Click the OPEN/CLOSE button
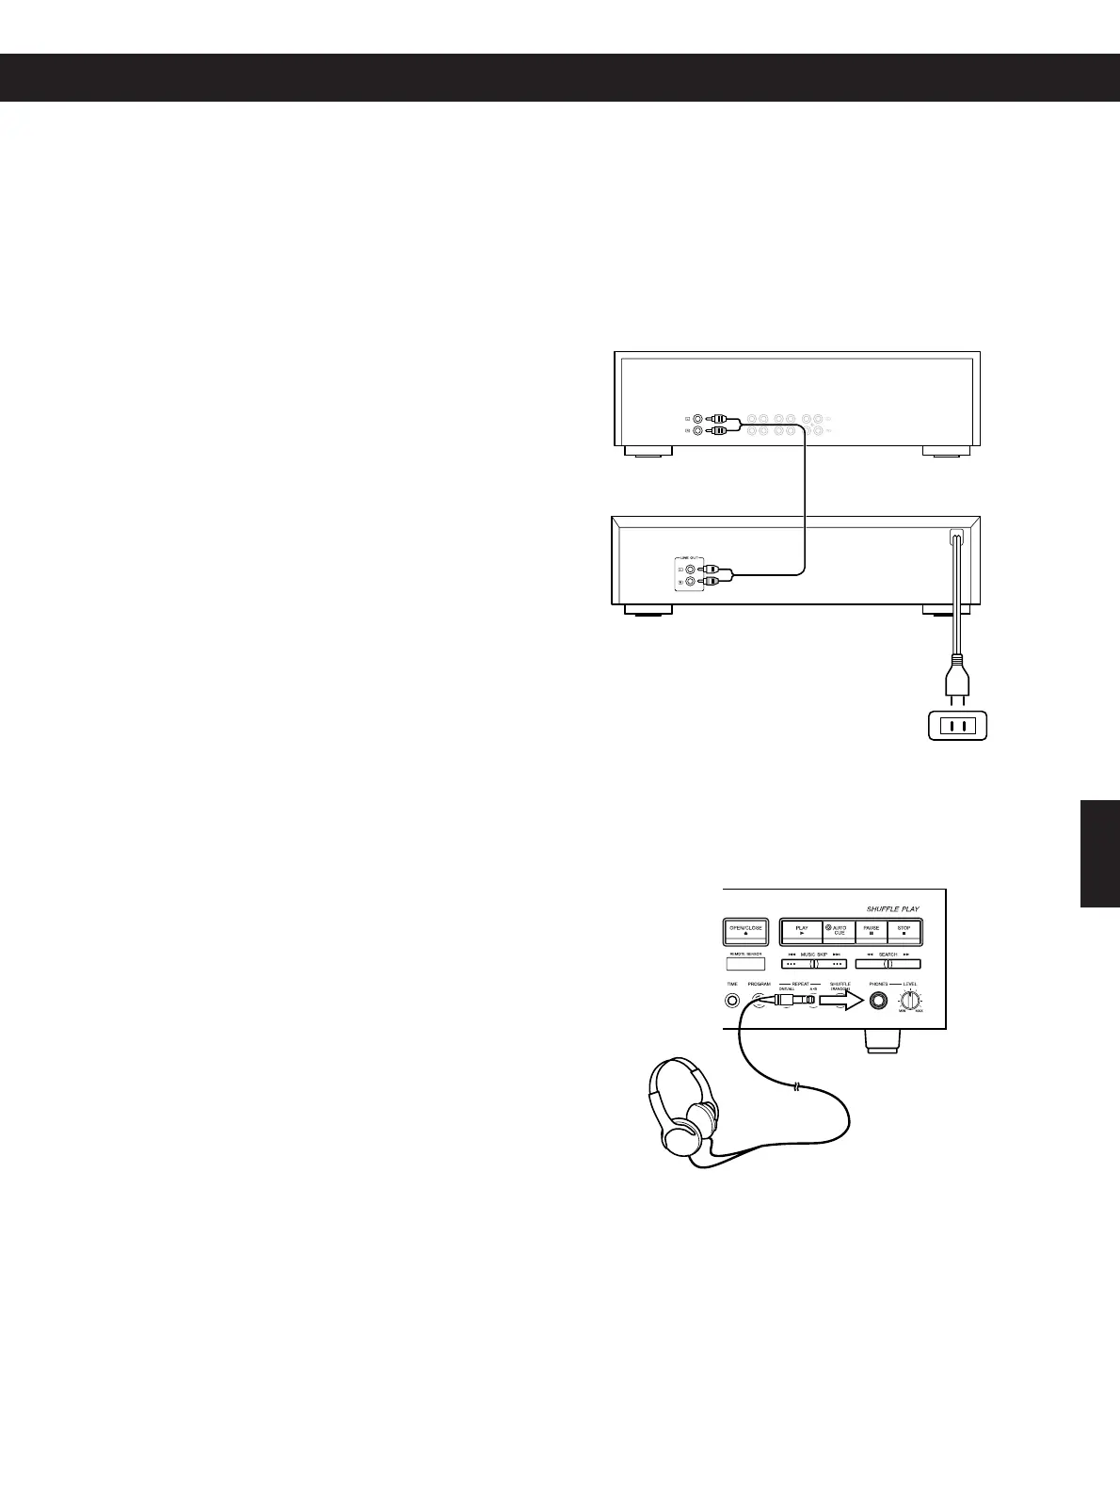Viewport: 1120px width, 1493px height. [745, 931]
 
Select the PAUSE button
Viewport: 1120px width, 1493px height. [872, 931]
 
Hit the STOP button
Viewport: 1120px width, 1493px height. [904, 931]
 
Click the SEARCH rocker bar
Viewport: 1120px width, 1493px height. [887, 963]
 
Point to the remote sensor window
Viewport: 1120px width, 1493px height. [745, 964]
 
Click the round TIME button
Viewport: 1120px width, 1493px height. [731, 1001]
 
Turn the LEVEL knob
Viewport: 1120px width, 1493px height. [910, 1002]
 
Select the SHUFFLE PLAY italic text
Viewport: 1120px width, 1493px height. [892, 908]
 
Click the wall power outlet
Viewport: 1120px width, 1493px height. [957, 726]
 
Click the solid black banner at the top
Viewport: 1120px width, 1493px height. [560, 77]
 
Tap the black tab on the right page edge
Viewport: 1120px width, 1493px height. [1100, 853]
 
